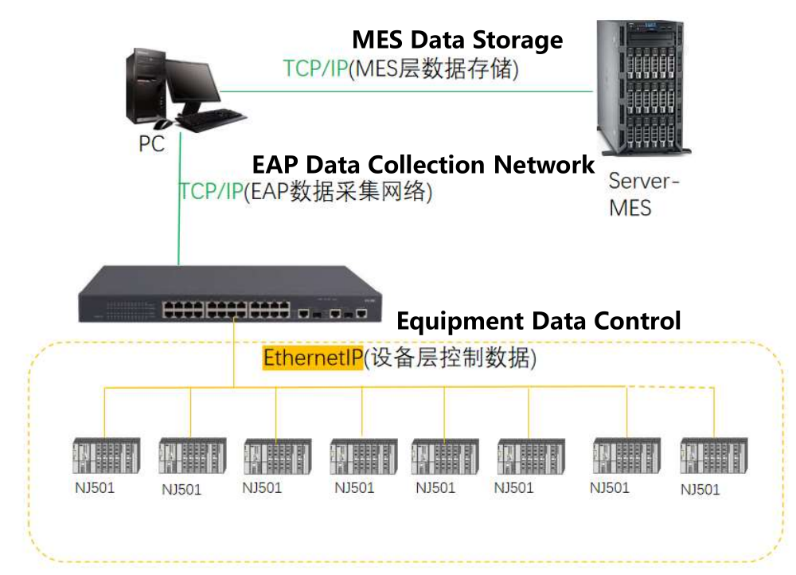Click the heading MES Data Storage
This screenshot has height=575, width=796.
pyautogui.click(x=458, y=40)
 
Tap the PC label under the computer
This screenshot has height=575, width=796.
pyautogui.click(x=151, y=144)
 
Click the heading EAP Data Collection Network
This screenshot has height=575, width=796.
pyautogui.click(x=423, y=165)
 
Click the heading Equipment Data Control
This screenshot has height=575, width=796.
pyautogui.click(x=538, y=321)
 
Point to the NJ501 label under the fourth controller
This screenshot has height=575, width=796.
pyautogui.click(x=354, y=487)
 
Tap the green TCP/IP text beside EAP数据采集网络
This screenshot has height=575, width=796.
pyautogui.click(x=211, y=192)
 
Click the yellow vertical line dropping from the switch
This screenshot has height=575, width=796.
pyautogui.click(x=234, y=350)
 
